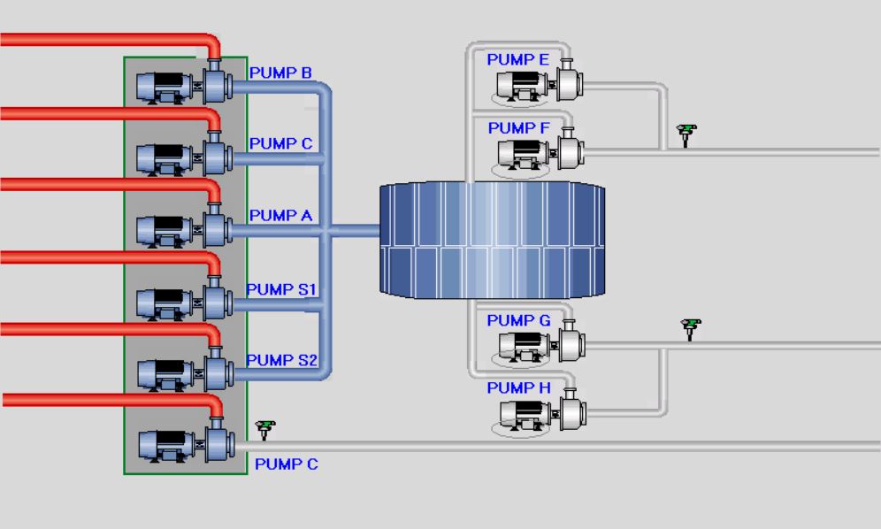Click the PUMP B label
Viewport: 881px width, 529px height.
pyautogui.click(x=280, y=73)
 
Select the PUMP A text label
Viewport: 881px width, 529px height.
pyautogui.click(x=280, y=215)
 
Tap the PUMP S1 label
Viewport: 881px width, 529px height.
pyautogui.click(x=281, y=289)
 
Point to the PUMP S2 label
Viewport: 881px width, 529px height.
pyautogui.click(x=282, y=360)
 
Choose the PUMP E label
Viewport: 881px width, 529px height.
pyautogui.click(x=517, y=59)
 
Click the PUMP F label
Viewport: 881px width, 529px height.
pyautogui.click(x=518, y=128)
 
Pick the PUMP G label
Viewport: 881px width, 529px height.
pyautogui.click(x=518, y=320)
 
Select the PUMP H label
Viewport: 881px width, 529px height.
pyautogui.click(x=518, y=387)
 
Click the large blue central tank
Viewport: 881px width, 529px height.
pyautogui.click(x=492, y=240)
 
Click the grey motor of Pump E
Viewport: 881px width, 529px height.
pyautogui.click(x=523, y=86)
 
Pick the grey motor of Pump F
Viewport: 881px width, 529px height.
pyautogui.click(x=524, y=153)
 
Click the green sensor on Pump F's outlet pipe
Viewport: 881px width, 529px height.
pyautogui.click(x=686, y=135)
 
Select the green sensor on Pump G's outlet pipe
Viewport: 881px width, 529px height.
pyautogui.click(x=691, y=329)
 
